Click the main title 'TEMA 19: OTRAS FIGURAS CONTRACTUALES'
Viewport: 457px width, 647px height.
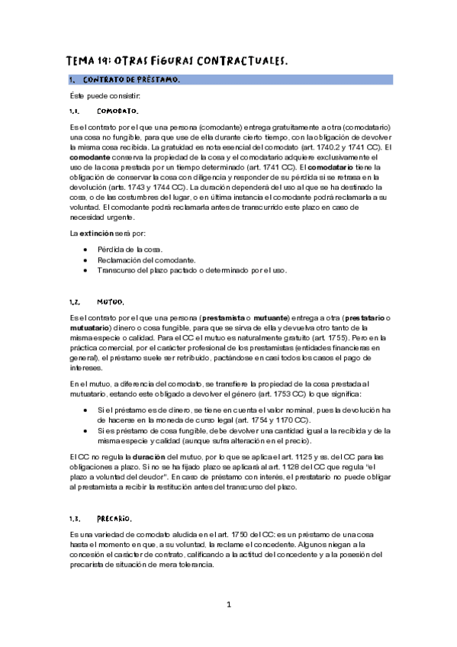point(177,60)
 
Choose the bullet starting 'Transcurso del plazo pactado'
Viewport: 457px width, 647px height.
point(191,269)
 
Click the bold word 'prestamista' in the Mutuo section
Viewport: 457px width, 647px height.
point(225,317)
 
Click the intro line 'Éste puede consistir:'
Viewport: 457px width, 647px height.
point(101,95)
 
